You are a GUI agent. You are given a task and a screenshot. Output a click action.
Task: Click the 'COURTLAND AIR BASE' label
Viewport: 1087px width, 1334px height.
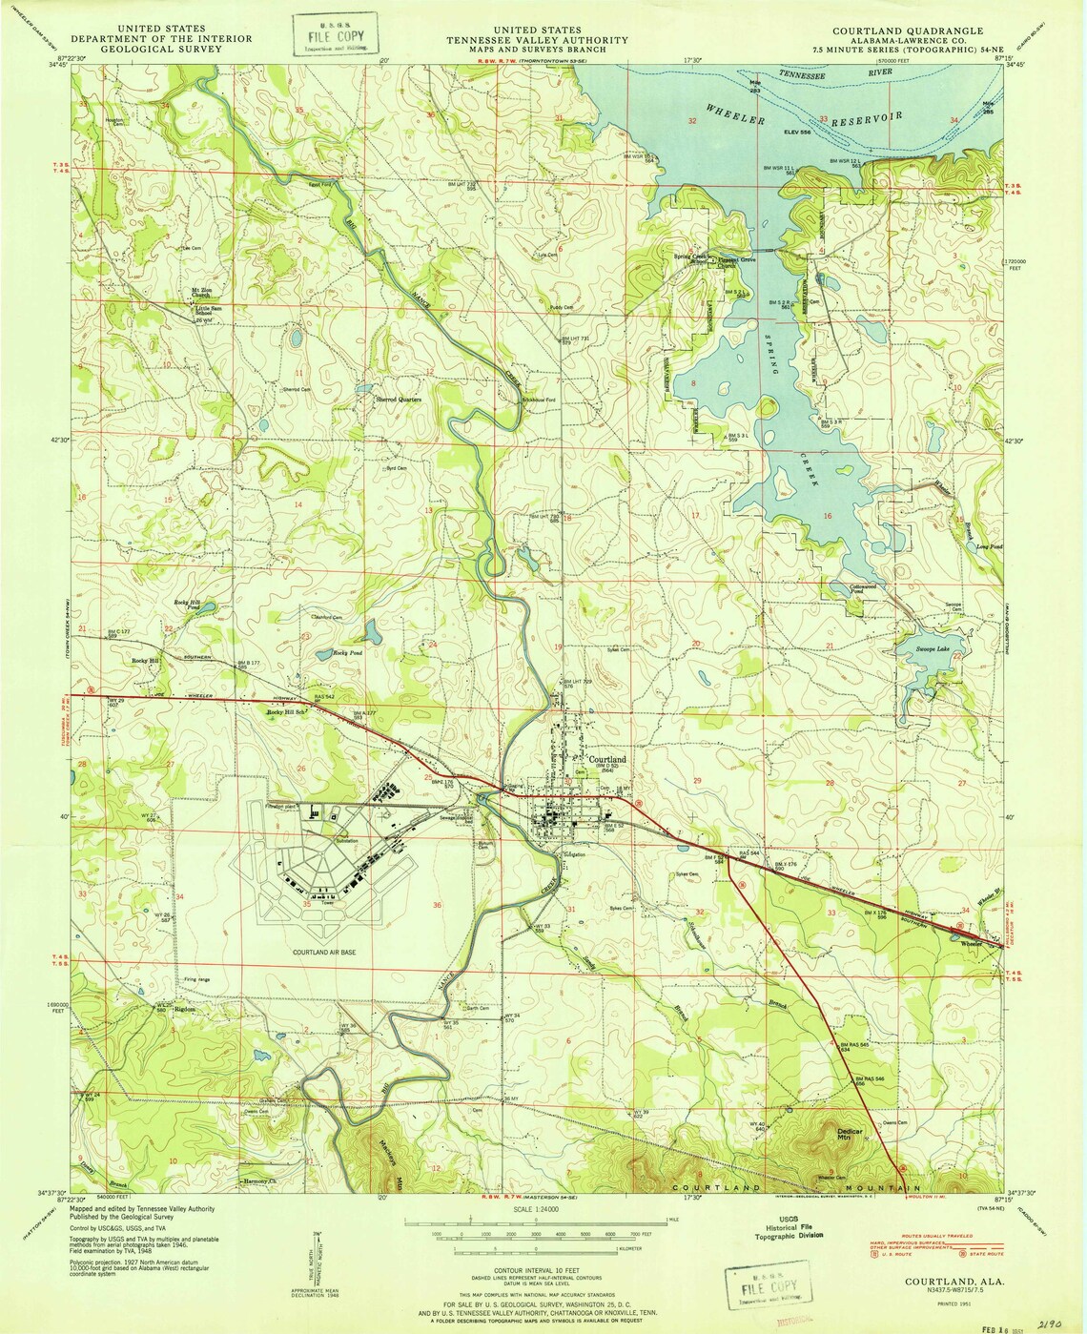(324, 952)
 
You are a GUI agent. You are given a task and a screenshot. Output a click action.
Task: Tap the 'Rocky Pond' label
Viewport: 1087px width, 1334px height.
(347, 652)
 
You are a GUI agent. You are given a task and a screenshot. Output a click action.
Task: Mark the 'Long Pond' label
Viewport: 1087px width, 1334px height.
(988, 546)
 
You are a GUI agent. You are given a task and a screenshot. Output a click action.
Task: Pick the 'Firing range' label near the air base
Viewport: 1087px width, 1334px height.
(196, 979)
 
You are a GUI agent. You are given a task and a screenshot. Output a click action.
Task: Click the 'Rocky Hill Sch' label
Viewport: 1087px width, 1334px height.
(286, 712)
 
